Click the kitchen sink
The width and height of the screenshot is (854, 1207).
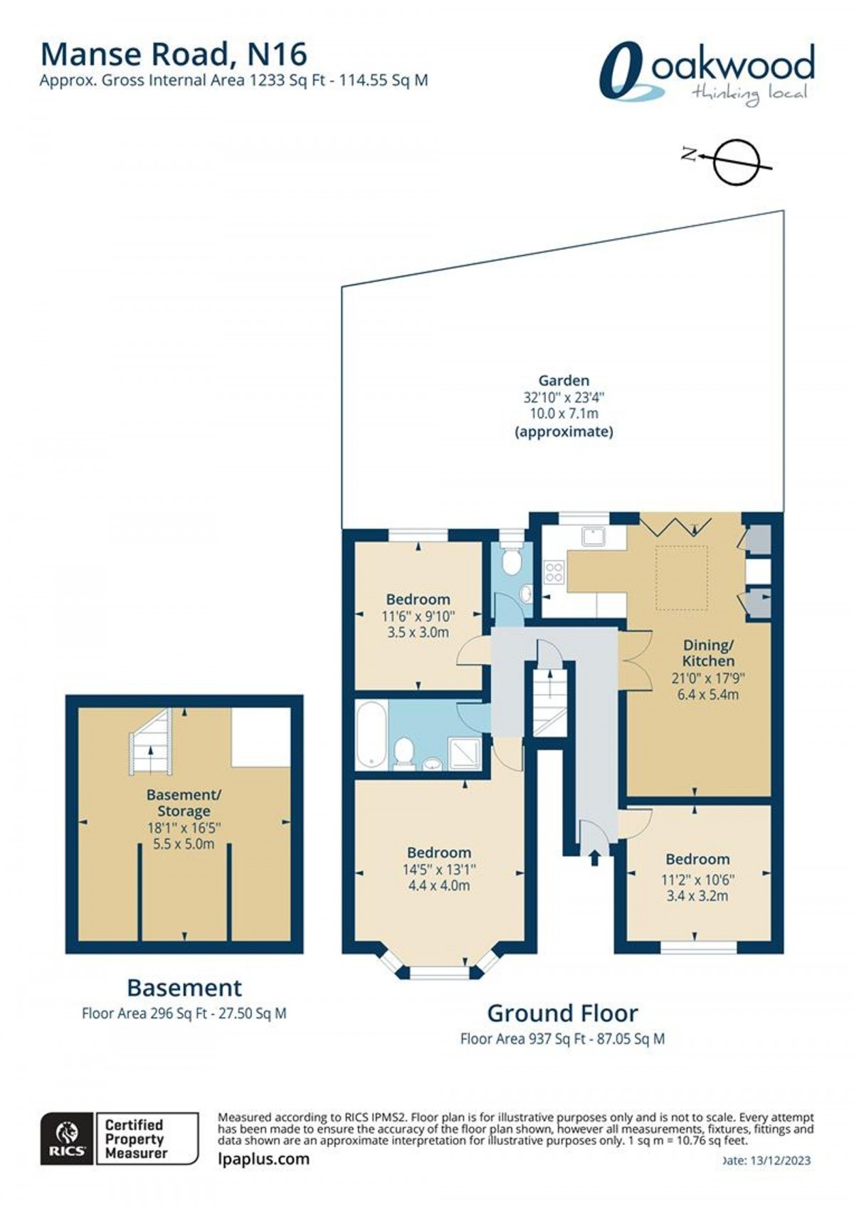tap(592, 536)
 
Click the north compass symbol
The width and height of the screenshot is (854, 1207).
tap(737, 162)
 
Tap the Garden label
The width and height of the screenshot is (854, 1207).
tap(563, 381)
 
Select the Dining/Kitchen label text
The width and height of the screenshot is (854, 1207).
tap(707, 653)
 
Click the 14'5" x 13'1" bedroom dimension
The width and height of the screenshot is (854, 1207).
tap(438, 869)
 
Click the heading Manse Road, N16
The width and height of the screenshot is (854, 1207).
tap(174, 54)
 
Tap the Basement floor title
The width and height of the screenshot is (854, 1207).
tap(184, 987)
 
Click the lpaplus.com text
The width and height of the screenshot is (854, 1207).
tap(264, 1159)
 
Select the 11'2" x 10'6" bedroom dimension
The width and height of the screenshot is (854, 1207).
tap(697, 880)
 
